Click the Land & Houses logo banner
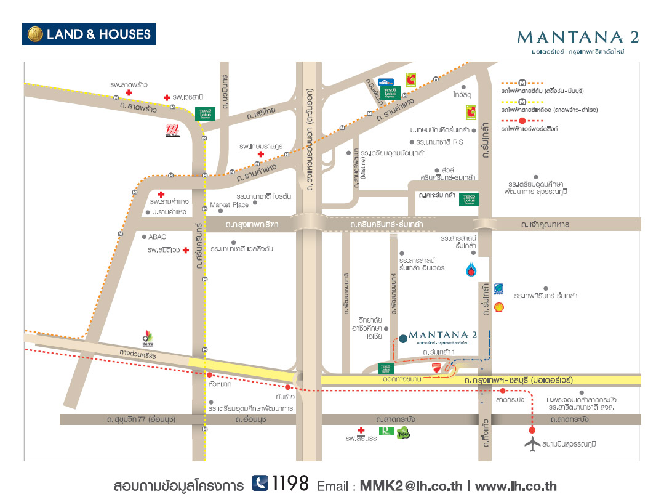(89, 34)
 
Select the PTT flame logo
(471, 269)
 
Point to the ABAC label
(157, 237)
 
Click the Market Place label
(229, 204)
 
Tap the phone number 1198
(290, 484)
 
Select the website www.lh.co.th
(516, 486)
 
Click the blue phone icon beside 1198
(260, 484)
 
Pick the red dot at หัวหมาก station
(210, 374)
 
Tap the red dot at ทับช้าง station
(287, 387)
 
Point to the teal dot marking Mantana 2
(402, 338)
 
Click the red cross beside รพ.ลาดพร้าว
(128, 92)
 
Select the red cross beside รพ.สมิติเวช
(185, 250)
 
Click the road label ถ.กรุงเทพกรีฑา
(252, 225)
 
